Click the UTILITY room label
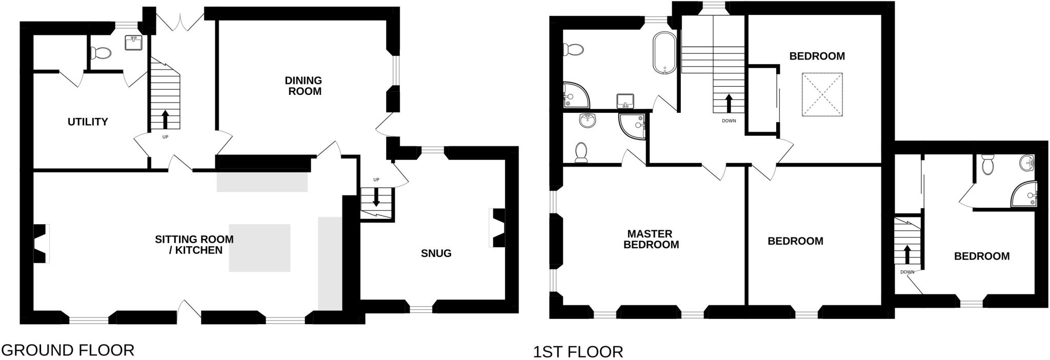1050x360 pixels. click(x=88, y=122)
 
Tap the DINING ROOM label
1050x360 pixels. click(x=304, y=86)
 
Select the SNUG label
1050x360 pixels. click(x=436, y=253)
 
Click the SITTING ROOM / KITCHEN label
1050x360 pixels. click(x=194, y=245)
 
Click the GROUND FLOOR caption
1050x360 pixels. click(x=67, y=350)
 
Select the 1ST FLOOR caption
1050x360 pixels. click(x=578, y=352)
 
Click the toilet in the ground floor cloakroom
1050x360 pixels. click(x=100, y=52)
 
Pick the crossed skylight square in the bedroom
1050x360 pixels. click(x=822, y=94)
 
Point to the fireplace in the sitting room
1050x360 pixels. click(x=41, y=244)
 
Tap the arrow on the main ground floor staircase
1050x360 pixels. click(x=165, y=119)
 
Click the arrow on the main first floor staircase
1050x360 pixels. click(x=728, y=103)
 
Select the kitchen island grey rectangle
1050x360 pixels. click(x=259, y=248)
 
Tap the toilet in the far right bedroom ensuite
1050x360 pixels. click(x=987, y=165)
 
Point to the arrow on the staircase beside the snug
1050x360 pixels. click(x=376, y=197)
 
